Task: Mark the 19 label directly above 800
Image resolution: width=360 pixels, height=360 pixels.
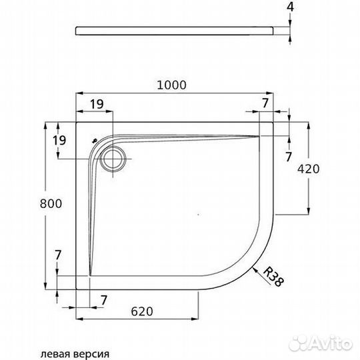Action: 58,140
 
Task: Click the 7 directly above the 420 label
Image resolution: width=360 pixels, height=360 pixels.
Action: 288,157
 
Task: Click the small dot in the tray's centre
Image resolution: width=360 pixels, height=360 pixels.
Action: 199,215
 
